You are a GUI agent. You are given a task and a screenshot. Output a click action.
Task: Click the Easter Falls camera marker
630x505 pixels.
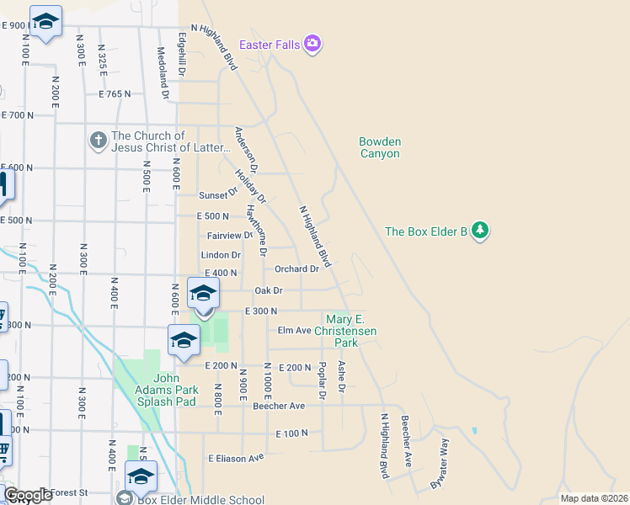[x=312, y=43]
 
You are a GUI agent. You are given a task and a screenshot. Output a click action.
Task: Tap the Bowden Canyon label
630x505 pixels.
[x=379, y=147]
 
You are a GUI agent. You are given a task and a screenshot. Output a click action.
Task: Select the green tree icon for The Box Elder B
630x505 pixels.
[x=480, y=231]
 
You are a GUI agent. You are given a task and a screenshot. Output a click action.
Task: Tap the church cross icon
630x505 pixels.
[x=99, y=141]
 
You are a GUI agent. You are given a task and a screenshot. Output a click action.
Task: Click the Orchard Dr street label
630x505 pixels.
[x=296, y=269]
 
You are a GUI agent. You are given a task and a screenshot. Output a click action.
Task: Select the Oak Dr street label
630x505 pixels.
[x=267, y=290]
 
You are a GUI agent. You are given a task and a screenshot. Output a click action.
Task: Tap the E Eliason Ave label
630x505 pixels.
[x=236, y=458]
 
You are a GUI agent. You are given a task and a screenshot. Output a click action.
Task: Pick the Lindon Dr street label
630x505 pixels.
[x=221, y=255]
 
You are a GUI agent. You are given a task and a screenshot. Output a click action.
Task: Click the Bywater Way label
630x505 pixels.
[x=440, y=465]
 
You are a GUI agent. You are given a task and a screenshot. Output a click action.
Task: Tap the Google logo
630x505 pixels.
[x=27, y=495]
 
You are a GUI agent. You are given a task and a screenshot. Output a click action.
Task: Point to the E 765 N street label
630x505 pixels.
[x=115, y=94]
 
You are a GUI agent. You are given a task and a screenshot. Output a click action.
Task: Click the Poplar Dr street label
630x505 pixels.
[x=322, y=380]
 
